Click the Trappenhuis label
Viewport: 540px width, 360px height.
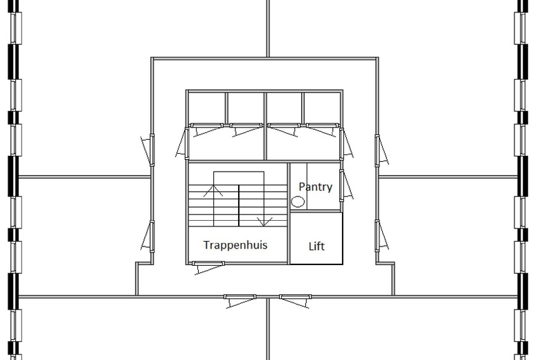(235, 245)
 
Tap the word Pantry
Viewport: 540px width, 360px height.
(315, 187)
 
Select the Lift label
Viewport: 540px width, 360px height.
(316, 246)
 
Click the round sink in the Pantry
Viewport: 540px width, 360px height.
(298, 202)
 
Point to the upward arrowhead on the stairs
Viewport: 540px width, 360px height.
(217, 188)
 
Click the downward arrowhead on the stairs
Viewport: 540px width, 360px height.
(264, 222)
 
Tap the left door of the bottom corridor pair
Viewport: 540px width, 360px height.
(240, 299)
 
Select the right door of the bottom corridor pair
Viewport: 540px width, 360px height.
(295, 299)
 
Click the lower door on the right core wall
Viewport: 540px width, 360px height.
(381, 236)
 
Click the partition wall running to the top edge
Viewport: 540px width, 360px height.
(267, 28)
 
